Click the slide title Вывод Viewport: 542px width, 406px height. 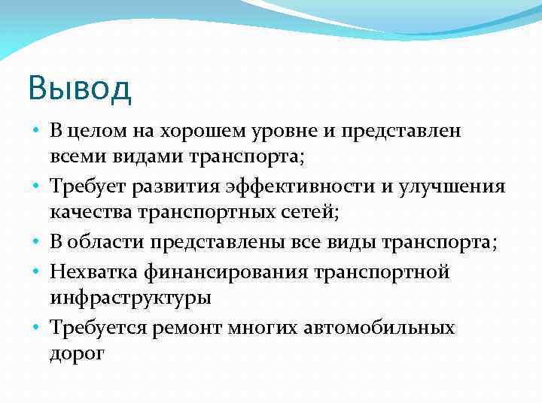80,87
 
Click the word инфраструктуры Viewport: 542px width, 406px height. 130,298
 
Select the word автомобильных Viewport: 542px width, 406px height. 376,328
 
